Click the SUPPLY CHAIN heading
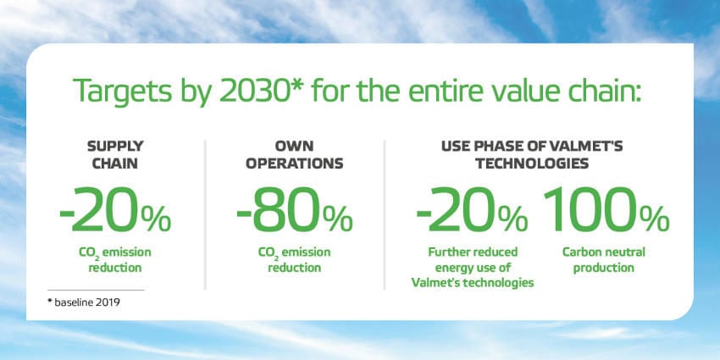[x=115, y=154]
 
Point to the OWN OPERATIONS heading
[x=294, y=154]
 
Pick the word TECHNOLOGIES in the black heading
[x=532, y=163]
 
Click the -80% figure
[x=294, y=209]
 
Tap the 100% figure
[x=606, y=209]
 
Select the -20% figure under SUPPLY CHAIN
[x=115, y=209]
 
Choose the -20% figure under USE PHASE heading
[x=472, y=209]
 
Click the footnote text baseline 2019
[x=84, y=303]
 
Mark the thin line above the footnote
[x=96, y=290]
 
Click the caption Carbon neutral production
[x=604, y=260]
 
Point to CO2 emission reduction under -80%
[x=294, y=260]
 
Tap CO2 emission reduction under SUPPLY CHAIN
[x=115, y=260]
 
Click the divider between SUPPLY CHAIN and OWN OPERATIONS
[x=205, y=215]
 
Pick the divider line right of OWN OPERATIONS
[x=385, y=215]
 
